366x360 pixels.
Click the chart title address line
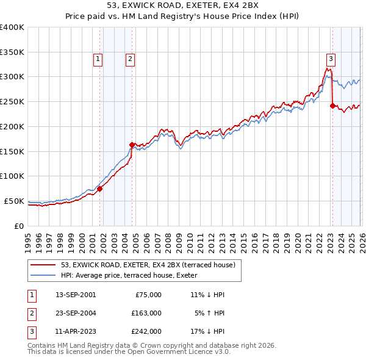(x=182, y=5)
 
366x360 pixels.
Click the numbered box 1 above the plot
(x=98, y=59)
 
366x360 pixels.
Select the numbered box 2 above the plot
(x=131, y=59)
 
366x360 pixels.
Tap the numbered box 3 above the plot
(x=331, y=59)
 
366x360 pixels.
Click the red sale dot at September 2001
(x=100, y=189)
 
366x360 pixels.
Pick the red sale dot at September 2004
(x=132, y=145)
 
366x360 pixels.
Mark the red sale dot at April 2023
(x=332, y=106)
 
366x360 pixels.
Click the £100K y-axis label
(x=12, y=176)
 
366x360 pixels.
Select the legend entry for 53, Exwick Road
(x=152, y=264)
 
